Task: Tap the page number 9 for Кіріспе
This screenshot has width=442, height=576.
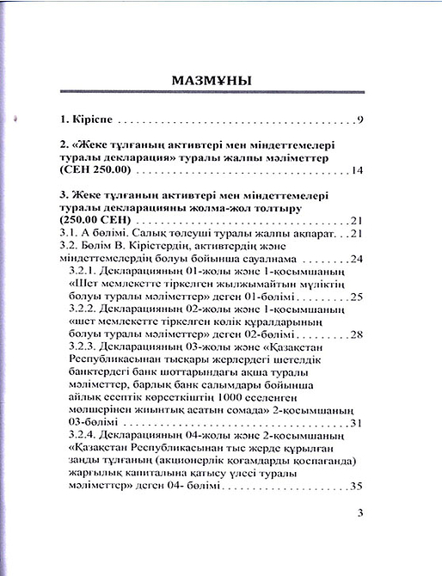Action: (365, 119)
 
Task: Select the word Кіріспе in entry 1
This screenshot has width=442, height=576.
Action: (91, 119)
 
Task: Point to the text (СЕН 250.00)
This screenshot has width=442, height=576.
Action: (96, 172)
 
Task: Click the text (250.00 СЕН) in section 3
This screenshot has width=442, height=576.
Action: (96, 221)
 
